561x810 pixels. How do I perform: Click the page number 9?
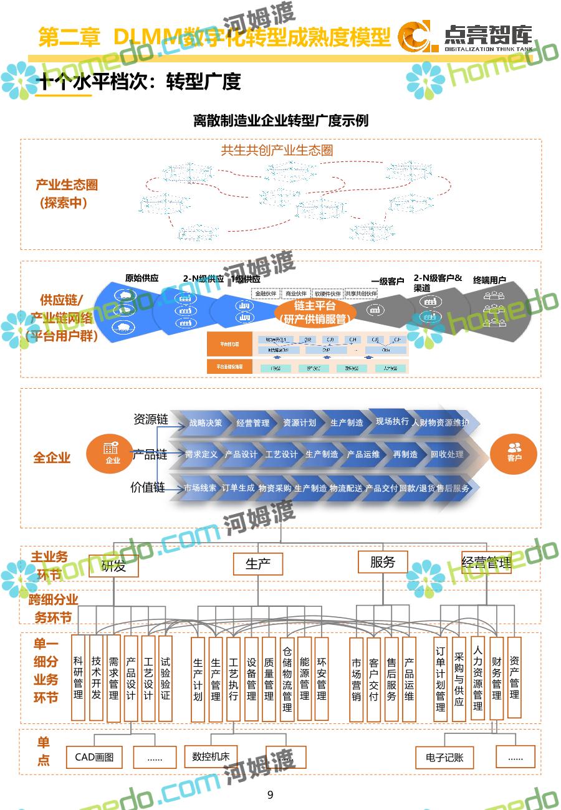coord(270,794)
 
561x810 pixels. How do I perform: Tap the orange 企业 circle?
coord(112,454)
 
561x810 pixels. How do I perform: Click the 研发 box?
coord(113,566)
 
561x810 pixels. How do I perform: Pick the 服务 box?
coord(383,562)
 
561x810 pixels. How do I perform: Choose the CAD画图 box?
coord(94,757)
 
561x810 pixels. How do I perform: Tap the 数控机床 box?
coord(211,756)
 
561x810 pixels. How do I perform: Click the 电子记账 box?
coord(444,758)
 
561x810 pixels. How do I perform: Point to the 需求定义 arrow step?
coord(201,454)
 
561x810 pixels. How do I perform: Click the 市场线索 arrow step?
coord(200,488)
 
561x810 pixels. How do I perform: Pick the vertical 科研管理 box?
coord(78,678)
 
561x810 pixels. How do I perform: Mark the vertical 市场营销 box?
coord(357,679)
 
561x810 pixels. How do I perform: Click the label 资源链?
coord(151,419)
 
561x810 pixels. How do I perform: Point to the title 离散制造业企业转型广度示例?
coord(280,120)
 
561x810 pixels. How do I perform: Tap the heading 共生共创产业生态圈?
coord(277,150)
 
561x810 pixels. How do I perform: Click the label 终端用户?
coord(489,280)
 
